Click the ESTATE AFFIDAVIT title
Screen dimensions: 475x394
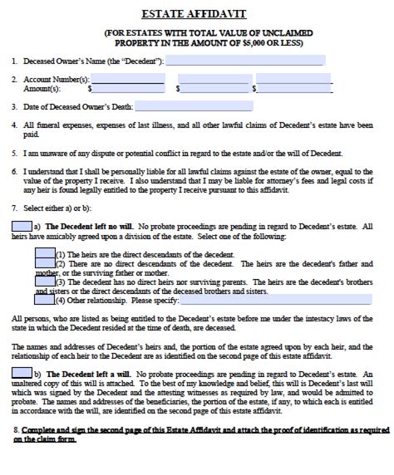pyautogui.click(x=197, y=12)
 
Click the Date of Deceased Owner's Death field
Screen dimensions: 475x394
pyautogui.click(x=182, y=106)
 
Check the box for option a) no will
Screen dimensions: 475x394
pyautogui.click(x=22, y=226)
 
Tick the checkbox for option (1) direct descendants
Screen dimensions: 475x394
pyautogui.click(x=45, y=253)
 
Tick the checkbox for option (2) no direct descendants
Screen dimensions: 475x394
pyautogui.click(x=45, y=264)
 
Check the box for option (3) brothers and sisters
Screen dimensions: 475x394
pyautogui.click(x=45, y=282)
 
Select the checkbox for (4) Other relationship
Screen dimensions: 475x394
pyautogui.click(x=45, y=300)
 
